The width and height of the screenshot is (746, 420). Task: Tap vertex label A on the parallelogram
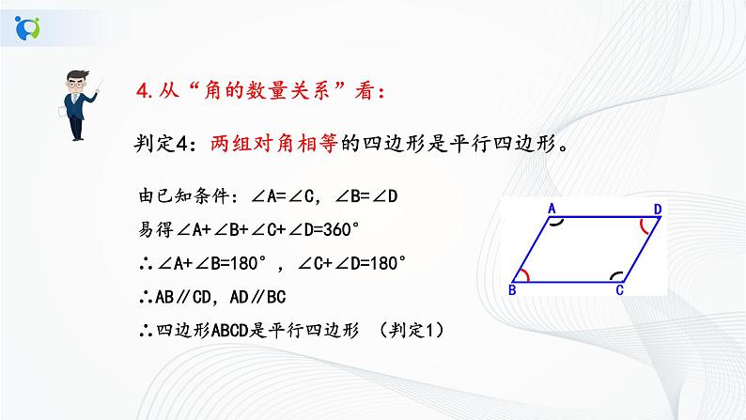tap(553, 208)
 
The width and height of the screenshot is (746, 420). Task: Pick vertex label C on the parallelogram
tap(619, 290)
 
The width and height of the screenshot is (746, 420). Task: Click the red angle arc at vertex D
tap(645, 227)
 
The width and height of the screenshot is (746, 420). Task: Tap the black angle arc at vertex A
tap(556, 224)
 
